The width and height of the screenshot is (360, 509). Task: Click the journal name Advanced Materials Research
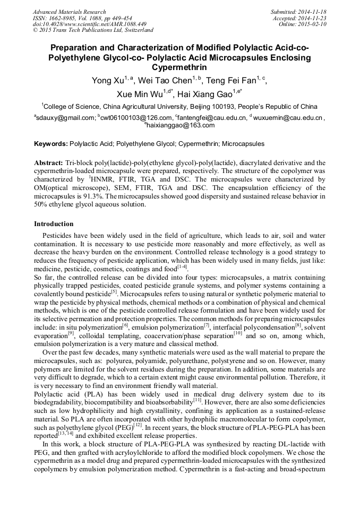[x=69, y=12]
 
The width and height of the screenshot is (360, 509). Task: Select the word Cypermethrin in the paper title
[x=179, y=67]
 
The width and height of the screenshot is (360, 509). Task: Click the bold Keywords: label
[x=51, y=144]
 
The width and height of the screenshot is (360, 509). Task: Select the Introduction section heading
[x=54, y=224]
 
